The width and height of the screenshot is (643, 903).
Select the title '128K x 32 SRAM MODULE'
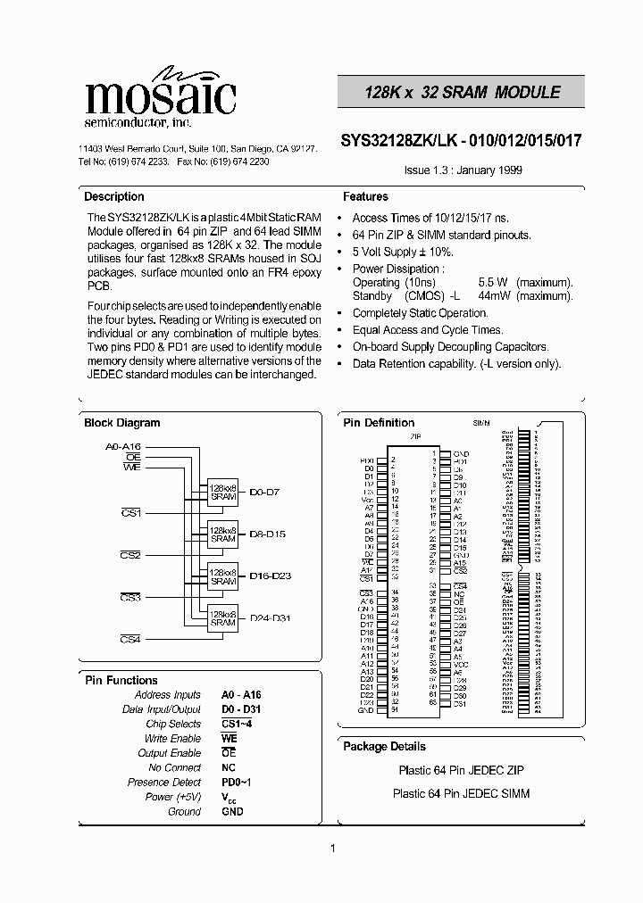tap(462, 93)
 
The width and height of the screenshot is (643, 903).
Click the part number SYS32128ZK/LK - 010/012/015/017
tap(462, 140)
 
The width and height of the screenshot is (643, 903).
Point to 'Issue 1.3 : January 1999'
tap(463, 170)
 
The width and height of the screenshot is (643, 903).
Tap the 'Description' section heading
tap(113, 196)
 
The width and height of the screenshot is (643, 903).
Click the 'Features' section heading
tap(365, 196)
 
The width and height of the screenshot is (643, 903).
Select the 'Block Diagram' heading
tap(121, 423)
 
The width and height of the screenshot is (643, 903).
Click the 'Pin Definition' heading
tap(379, 423)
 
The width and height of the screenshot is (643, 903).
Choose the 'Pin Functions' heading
tap(121, 680)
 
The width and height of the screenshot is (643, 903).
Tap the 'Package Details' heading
tap(384, 746)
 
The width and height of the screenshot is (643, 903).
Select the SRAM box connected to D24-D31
tap(222, 618)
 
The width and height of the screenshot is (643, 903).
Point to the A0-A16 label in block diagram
tap(123, 445)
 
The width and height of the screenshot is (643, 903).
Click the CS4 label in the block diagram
tap(130, 639)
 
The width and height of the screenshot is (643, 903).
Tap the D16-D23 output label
tap(270, 576)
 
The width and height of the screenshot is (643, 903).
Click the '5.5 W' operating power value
tap(493, 282)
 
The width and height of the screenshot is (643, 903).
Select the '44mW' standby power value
tap(495, 295)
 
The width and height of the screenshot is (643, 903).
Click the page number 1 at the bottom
tap(332, 848)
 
